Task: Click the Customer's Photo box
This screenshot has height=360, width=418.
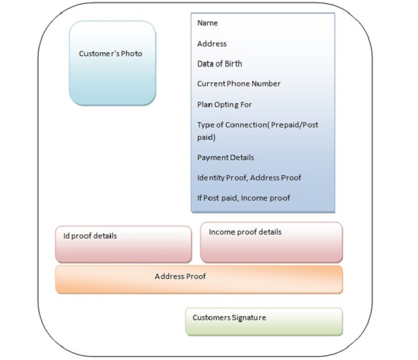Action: tap(112, 63)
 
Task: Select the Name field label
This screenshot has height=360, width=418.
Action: tap(208, 23)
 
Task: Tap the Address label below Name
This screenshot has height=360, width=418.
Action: tap(212, 44)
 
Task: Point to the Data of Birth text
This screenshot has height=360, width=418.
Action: tap(219, 64)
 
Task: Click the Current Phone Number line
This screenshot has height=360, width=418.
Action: tap(239, 84)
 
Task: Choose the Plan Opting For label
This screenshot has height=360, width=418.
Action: tap(225, 105)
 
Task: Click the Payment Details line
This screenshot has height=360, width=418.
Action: tap(225, 157)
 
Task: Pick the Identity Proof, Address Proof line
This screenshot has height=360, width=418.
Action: tap(249, 178)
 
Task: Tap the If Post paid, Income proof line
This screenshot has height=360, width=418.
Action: tap(244, 198)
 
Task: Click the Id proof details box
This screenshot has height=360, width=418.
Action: tap(123, 244)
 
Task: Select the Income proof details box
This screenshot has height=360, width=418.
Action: tap(272, 242)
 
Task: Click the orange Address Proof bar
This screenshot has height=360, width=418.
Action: tap(199, 280)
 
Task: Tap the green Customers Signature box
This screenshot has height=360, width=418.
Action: tap(264, 321)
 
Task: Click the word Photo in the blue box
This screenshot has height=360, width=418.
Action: tap(131, 54)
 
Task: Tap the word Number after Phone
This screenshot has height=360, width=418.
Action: tap(266, 84)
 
